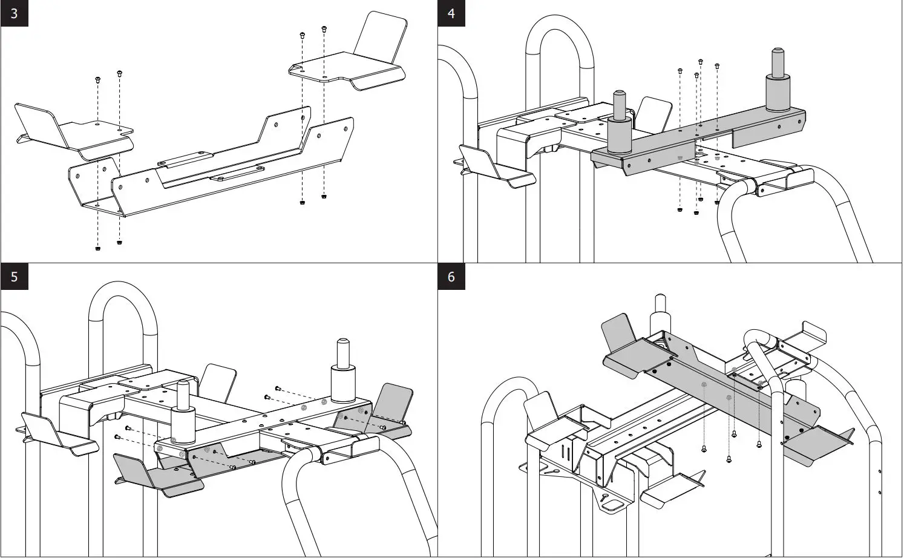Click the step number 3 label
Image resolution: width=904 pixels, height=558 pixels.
[x=14, y=13]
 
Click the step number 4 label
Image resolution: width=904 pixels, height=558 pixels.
[x=451, y=13]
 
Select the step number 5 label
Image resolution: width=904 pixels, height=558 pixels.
[x=14, y=277]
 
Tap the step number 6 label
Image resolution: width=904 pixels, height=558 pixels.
[x=451, y=277]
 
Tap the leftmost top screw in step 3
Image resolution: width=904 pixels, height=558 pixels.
[x=97, y=79]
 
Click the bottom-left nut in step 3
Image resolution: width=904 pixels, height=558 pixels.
[x=98, y=248]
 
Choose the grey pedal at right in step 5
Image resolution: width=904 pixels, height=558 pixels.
[x=387, y=412]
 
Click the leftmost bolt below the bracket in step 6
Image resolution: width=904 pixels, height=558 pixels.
[x=704, y=448]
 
